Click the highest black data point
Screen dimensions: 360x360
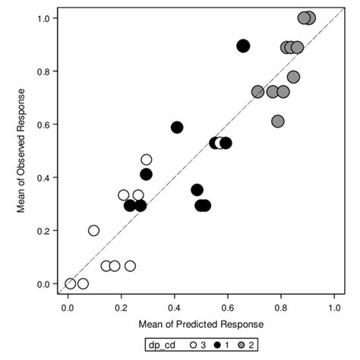[243, 46]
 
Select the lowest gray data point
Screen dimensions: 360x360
[278, 121]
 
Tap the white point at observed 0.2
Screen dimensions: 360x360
[94, 230]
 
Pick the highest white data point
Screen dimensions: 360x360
[147, 159]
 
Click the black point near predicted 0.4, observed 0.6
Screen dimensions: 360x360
[177, 127]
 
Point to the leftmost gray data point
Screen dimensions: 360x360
[257, 91]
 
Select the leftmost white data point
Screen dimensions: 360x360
[71, 283]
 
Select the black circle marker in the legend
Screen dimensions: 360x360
[218, 345]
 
